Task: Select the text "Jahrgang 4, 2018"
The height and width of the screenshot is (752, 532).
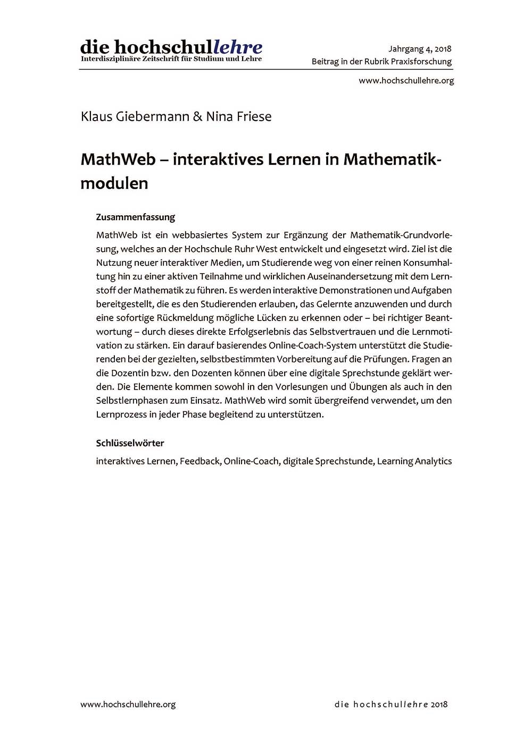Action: click(420, 49)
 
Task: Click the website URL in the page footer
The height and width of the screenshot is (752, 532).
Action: click(128, 704)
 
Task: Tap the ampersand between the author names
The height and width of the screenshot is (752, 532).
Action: click(197, 116)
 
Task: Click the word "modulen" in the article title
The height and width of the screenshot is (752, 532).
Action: click(114, 183)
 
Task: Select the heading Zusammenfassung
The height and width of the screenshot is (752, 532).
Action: click(135, 217)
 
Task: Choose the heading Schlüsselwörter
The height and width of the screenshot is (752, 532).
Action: click(130, 443)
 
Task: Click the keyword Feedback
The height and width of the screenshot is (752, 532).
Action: click(199, 461)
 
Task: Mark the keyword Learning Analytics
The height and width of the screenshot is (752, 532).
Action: click(414, 461)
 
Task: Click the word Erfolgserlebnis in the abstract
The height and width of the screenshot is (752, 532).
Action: click(256, 332)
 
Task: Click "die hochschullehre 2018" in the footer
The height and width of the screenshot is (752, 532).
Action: click(391, 704)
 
